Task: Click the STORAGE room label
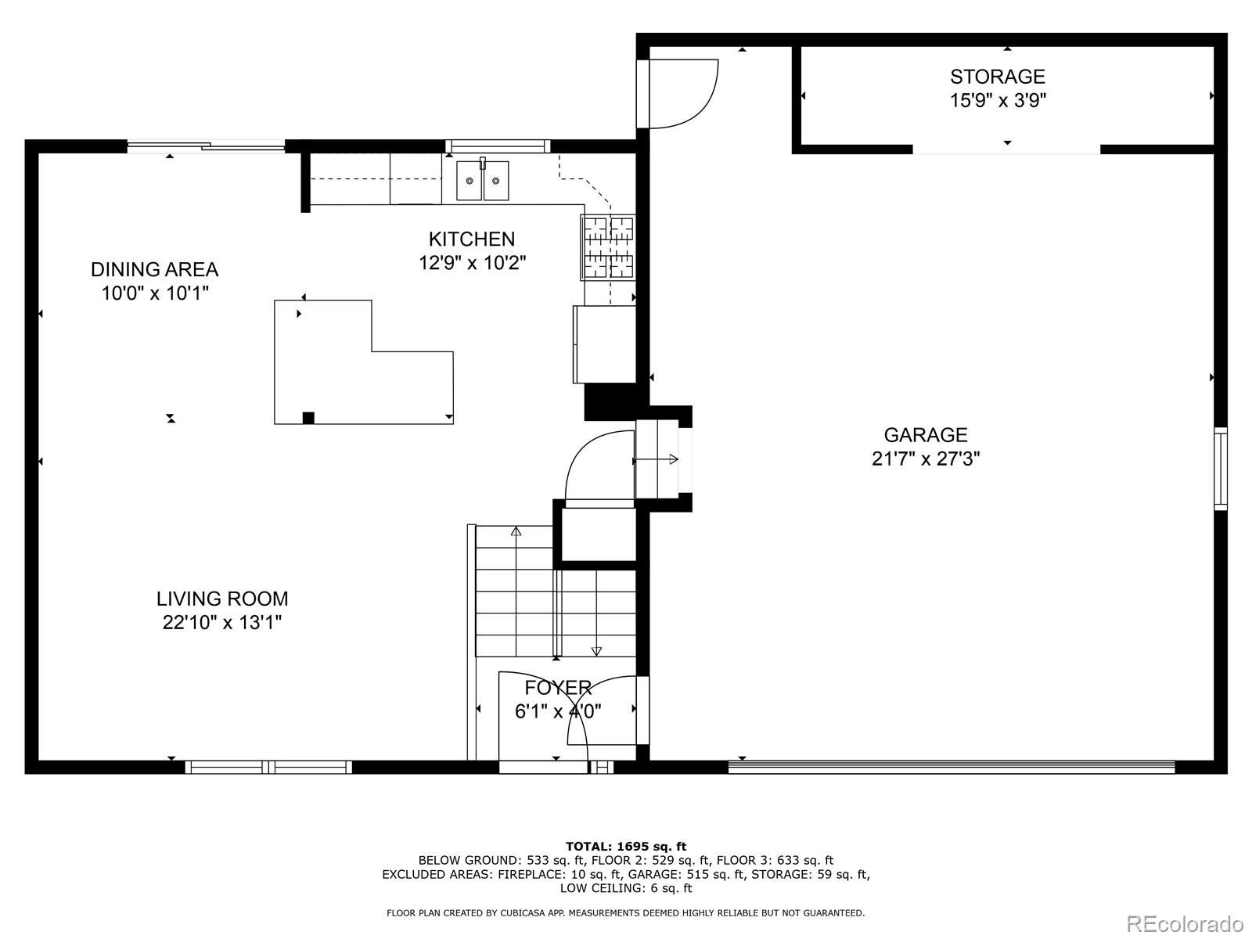(x=997, y=77)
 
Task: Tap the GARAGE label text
(x=925, y=435)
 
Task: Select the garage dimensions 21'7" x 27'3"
(x=925, y=459)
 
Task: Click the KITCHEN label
(x=472, y=239)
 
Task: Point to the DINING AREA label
(x=155, y=269)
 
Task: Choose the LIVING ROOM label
(x=222, y=599)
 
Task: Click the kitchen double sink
(x=483, y=180)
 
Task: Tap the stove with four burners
(x=608, y=247)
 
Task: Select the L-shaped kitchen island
(x=363, y=362)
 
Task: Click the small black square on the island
(x=308, y=418)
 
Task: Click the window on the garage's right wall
(x=1221, y=468)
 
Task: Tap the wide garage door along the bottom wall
(x=952, y=767)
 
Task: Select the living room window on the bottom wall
(x=268, y=767)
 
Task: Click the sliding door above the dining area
(x=205, y=146)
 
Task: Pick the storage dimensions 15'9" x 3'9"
(x=998, y=100)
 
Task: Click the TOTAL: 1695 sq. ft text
(x=626, y=846)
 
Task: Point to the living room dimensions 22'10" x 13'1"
(x=222, y=623)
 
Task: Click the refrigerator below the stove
(x=605, y=344)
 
